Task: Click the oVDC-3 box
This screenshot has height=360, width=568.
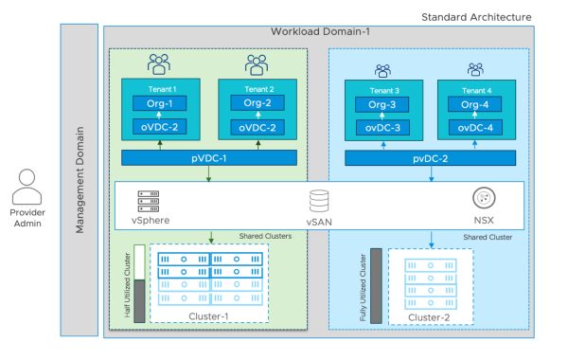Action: (x=383, y=128)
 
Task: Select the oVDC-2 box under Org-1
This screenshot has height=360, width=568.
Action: (x=159, y=128)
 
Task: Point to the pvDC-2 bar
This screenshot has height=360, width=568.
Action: (x=430, y=157)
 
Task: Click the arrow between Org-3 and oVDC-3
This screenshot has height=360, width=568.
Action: (x=383, y=117)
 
